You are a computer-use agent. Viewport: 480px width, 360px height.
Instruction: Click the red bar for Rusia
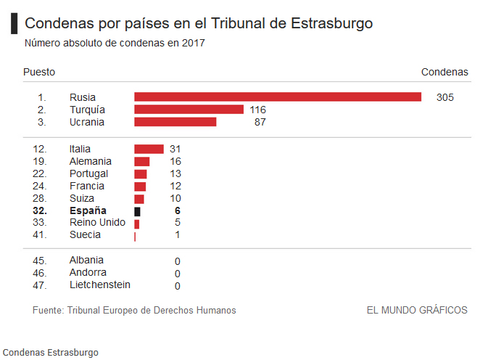click(x=278, y=97)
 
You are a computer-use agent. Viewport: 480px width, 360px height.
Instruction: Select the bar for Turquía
click(x=189, y=110)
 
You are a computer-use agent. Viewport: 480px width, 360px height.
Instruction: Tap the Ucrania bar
click(x=175, y=122)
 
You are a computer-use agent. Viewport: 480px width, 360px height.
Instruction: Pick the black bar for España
click(x=137, y=210)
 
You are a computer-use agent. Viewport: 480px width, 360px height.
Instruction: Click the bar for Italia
click(x=149, y=149)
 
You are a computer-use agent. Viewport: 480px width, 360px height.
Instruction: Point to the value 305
click(x=445, y=97)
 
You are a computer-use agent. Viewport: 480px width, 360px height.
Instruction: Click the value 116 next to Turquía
click(x=257, y=110)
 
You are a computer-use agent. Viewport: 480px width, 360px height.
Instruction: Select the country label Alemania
click(x=91, y=161)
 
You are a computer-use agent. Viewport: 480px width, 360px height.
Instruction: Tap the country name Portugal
click(x=89, y=173)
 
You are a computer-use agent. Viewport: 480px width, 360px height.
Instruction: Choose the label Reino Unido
click(x=97, y=223)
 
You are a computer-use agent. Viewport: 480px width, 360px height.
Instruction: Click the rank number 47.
click(x=40, y=285)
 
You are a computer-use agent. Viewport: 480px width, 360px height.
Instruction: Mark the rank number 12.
click(x=40, y=149)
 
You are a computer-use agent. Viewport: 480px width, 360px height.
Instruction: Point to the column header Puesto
click(x=39, y=73)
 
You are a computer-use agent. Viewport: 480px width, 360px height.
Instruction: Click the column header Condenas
click(x=444, y=73)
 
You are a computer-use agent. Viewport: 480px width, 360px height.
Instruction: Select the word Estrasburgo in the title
click(x=331, y=23)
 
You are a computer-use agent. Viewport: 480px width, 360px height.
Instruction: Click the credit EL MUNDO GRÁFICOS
click(x=417, y=310)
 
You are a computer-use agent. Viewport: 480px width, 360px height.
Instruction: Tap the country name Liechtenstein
click(x=100, y=285)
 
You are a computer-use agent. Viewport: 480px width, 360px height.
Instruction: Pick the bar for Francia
click(x=140, y=186)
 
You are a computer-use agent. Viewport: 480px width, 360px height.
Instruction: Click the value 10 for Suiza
click(x=174, y=198)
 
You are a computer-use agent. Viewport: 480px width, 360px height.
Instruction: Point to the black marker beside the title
click(x=14, y=23)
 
